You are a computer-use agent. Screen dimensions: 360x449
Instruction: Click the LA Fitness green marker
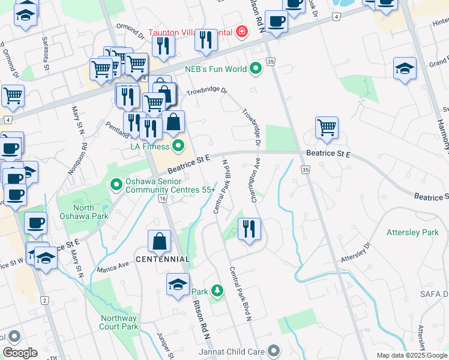pos(178,146)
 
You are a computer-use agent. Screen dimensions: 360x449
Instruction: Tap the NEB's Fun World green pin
pos(256,68)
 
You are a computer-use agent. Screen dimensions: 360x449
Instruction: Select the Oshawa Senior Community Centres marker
pos(116,184)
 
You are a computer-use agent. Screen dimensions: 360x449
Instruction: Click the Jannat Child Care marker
pos(274,350)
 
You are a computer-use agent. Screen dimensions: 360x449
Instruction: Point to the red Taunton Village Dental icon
pos(242,31)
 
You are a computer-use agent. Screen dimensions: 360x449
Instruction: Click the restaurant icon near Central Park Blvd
pos(249,229)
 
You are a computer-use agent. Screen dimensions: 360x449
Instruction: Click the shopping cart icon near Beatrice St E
pos(327,127)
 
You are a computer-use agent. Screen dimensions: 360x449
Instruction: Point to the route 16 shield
pos(162,199)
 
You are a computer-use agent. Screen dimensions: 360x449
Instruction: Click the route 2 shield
pos(44,299)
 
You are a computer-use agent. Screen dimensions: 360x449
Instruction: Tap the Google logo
pos(20,353)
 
